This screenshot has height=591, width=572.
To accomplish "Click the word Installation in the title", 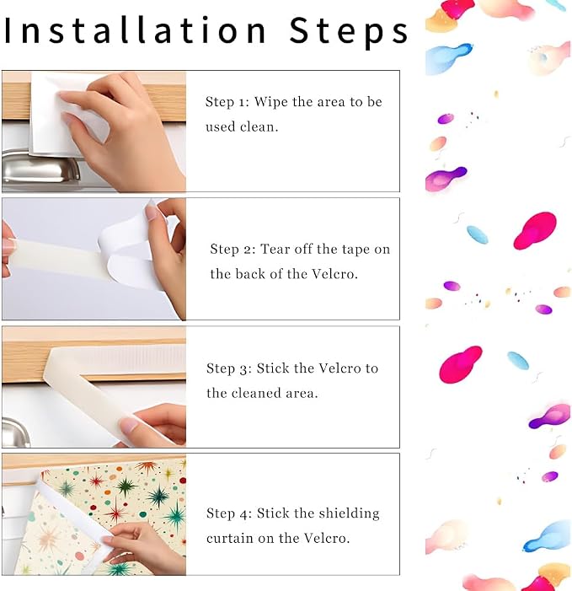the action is [135, 30].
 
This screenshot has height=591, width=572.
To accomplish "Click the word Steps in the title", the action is [349, 32].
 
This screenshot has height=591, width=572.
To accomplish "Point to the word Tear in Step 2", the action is [275, 250].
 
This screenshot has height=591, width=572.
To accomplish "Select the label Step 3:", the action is [229, 368].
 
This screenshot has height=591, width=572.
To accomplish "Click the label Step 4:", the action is [229, 513].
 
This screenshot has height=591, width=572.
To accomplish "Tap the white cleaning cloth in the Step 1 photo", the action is [61, 113].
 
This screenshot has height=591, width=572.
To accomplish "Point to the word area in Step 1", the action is [331, 103].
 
